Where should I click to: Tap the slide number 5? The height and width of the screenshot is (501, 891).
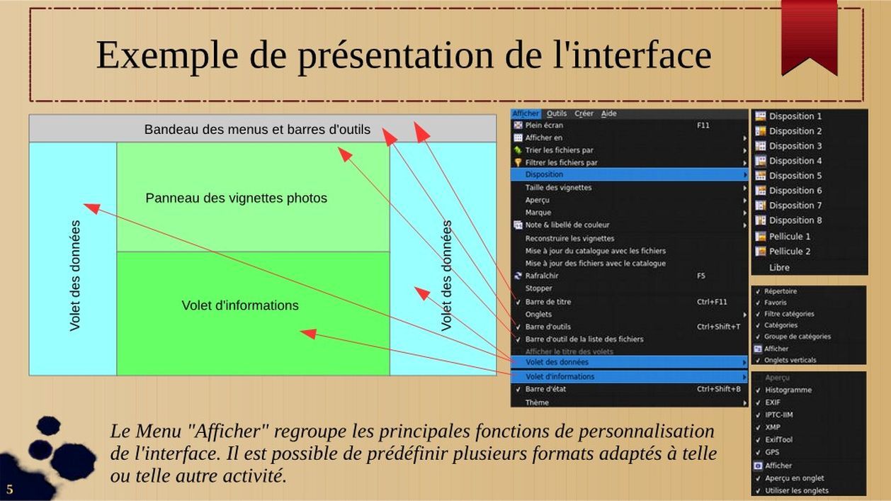coord(9,489)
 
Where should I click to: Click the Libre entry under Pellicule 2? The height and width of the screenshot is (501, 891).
coord(779,267)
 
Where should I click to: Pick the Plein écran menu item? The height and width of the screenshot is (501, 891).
coord(544,125)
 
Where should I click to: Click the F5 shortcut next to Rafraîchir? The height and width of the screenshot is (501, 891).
coord(701,276)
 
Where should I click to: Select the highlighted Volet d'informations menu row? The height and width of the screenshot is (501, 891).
coord(629,376)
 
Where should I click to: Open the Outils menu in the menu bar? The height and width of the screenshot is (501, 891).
coord(557,114)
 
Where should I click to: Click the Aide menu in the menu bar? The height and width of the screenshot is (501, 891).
coord(608,114)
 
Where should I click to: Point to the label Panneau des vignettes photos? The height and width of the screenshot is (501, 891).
coord(237,198)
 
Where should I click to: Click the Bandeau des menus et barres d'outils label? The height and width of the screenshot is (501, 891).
coord(257,130)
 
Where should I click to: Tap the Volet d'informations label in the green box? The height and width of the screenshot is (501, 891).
coord(240,305)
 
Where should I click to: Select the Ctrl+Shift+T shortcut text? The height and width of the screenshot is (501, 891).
coord(718,327)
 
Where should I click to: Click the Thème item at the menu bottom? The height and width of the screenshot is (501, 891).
coord(537,403)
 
